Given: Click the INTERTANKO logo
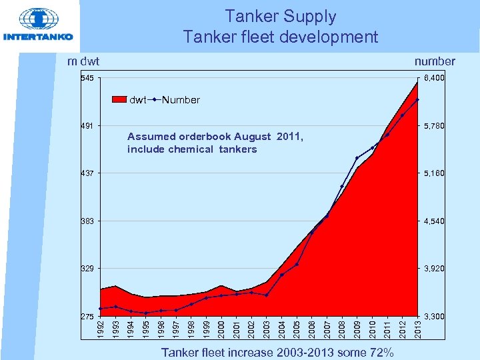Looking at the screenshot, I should tap(39, 26).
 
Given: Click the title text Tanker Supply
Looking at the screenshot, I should tap(280, 16).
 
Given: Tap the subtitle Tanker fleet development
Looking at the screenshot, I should tap(280, 37).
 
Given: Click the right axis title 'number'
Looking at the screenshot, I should tap(435, 61).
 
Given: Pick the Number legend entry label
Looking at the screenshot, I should tap(181, 100).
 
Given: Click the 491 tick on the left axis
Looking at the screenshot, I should tap(87, 126).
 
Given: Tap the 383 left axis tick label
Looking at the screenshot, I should tap(87, 221).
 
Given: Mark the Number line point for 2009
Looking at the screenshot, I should tap(357, 158).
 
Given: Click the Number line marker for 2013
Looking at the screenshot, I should tap(417, 99).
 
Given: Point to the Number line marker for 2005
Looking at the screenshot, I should tap(297, 264).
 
